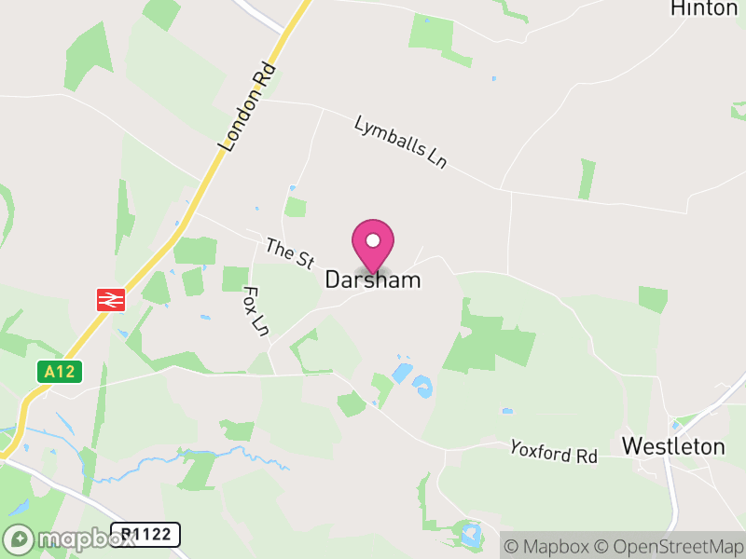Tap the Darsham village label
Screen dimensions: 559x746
(x=373, y=279)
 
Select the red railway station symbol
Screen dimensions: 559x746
(x=111, y=299)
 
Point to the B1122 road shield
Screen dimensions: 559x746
(x=145, y=535)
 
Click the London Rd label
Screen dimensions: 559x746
(x=248, y=107)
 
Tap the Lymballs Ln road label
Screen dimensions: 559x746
(x=401, y=143)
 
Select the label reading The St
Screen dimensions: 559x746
(x=289, y=254)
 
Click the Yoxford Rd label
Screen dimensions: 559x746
(x=553, y=452)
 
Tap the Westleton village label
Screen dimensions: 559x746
(x=673, y=446)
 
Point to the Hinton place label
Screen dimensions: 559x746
(x=704, y=8)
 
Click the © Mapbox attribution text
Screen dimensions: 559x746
(x=546, y=546)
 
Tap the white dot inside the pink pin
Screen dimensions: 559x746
(x=373, y=240)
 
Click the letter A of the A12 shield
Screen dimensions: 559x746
(x=50, y=372)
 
